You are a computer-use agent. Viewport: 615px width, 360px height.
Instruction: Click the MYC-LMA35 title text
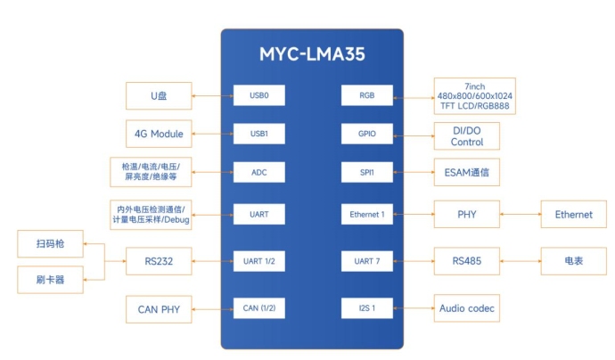[x=312, y=53]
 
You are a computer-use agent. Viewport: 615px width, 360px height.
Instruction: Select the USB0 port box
[x=258, y=94]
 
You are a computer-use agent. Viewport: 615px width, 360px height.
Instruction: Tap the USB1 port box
[x=258, y=134]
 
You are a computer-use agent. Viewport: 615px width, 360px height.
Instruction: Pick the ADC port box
[x=258, y=174]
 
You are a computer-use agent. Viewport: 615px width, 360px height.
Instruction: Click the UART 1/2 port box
[x=258, y=261]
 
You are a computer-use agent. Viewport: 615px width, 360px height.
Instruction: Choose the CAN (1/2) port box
[x=258, y=309]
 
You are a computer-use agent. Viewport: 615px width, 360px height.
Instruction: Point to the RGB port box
[x=367, y=94]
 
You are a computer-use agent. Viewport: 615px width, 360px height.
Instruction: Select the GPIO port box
[x=367, y=134]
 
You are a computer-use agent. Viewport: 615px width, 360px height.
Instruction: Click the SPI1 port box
[x=367, y=174]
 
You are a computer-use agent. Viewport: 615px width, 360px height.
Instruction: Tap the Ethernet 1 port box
[x=367, y=214]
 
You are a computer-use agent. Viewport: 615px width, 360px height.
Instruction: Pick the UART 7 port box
[x=367, y=261]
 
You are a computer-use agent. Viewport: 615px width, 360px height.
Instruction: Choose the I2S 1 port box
[x=367, y=309]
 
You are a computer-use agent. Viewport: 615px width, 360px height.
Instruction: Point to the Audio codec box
[x=467, y=309]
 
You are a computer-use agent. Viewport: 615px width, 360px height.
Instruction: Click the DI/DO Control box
[x=467, y=135]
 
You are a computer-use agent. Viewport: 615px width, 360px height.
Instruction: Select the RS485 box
[x=467, y=261]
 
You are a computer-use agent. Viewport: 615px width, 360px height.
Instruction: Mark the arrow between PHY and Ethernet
[x=521, y=214]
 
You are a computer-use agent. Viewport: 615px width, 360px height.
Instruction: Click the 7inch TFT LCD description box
[x=475, y=95]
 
